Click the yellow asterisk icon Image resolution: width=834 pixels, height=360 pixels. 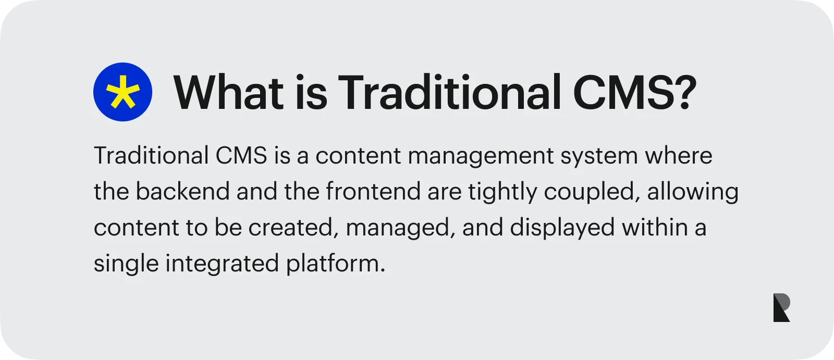(123, 92)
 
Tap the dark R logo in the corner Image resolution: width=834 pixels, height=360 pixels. (781, 307)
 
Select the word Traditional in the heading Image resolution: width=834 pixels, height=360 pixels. (449, 92)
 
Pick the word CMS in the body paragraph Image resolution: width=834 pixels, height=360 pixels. (241, 155)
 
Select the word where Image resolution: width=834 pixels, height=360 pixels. (678, 155)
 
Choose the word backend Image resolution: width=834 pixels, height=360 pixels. (182, 191)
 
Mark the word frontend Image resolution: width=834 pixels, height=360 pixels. (373, 191)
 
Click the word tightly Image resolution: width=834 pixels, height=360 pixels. (502, 192)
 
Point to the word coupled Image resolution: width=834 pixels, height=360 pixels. (592, 193)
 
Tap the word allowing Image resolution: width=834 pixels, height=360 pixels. (693, 192)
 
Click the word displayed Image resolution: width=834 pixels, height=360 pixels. (562, 229)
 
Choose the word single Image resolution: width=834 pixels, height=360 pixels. (126, 264)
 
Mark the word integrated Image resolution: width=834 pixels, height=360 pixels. (222, 264)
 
